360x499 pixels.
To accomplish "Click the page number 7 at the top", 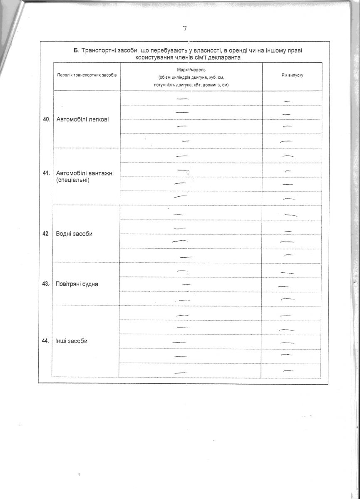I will pyautogui.click(x=185, y=29).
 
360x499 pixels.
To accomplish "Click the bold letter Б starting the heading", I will pyautogui.click(x=76, y=51).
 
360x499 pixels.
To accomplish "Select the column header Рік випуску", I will pyautogui.click(x=292, y=77).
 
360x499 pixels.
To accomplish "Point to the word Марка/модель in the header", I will pyautogui.click(x=191, y=69).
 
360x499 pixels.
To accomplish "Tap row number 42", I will pyautogui.click(x=46, y=234).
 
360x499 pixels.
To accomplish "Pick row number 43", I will pyautogui.click(x=46, y=284).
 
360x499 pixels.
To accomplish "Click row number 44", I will pyautogui.click(x=46, y=341).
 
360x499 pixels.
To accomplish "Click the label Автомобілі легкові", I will pyautogui.click(x=82, y=120).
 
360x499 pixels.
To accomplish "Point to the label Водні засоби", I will pyautogui.click(x=74, y=234).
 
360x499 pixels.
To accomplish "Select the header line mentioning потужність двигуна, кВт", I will pyautogui.click(x=191, y=85).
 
